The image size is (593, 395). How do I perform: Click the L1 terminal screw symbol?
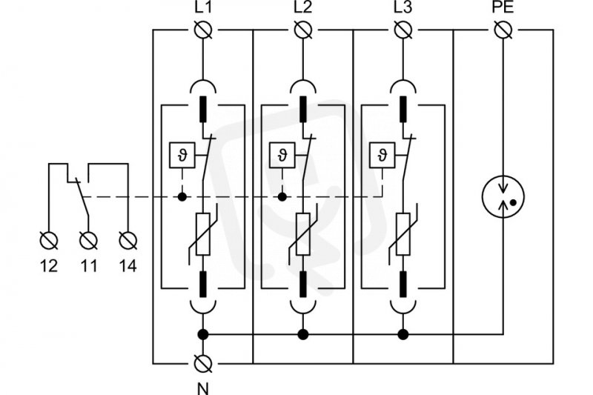[203, 30]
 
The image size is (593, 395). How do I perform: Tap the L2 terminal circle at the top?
[303, 30]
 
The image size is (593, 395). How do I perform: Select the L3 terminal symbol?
[403, 30]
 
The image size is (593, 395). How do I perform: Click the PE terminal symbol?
[503, 30]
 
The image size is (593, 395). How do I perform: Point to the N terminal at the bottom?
[203, 364]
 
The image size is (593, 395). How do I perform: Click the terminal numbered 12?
[49, 240]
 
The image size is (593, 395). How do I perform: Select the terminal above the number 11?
[88, 240]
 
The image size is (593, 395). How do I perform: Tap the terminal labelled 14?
[127, 240]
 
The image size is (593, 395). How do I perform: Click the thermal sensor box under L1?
[182, 155]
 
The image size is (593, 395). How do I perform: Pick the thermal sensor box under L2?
[282, 155]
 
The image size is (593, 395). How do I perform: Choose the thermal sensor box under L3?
[382, 155]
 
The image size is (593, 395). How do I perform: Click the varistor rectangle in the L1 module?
[203, 234]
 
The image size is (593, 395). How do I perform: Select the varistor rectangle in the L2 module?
[303, 234]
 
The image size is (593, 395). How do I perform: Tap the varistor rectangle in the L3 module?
[403, 234]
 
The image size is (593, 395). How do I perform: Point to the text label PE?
[503, 7]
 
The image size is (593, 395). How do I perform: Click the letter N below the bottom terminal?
[203, 388]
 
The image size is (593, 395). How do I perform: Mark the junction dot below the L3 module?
[403, 334]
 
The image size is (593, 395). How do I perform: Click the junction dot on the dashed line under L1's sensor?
[182, 196]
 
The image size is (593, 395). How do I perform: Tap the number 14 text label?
[127, 266]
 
